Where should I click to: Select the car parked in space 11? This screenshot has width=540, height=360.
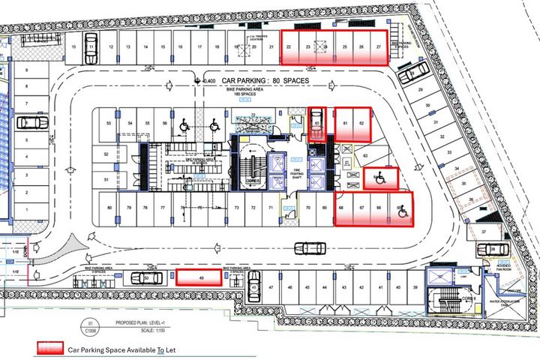tap(91, 52)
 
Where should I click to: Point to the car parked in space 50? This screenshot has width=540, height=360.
tap(147, 277)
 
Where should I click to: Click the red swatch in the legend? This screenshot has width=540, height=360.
tap(51, 349)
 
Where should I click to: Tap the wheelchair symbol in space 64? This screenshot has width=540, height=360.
tap(380, 178)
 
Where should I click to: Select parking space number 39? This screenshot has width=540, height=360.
tap(415, 287)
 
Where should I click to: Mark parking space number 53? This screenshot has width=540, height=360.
tap(109, 123)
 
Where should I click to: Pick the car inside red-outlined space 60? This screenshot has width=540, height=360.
tap(316, 124)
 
